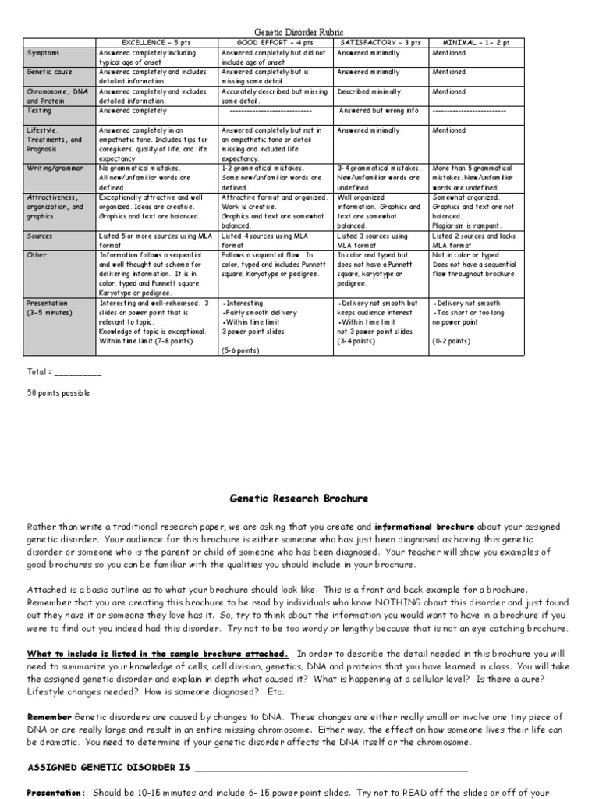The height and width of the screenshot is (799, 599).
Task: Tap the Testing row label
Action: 40,111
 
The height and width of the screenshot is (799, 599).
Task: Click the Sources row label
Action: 40,235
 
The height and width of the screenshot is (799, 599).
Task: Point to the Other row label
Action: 37,254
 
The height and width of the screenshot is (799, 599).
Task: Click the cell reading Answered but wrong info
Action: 378,111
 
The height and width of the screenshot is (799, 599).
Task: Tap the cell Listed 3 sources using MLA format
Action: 372,239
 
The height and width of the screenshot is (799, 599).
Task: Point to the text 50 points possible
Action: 59,393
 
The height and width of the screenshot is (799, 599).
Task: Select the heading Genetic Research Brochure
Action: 299,498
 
